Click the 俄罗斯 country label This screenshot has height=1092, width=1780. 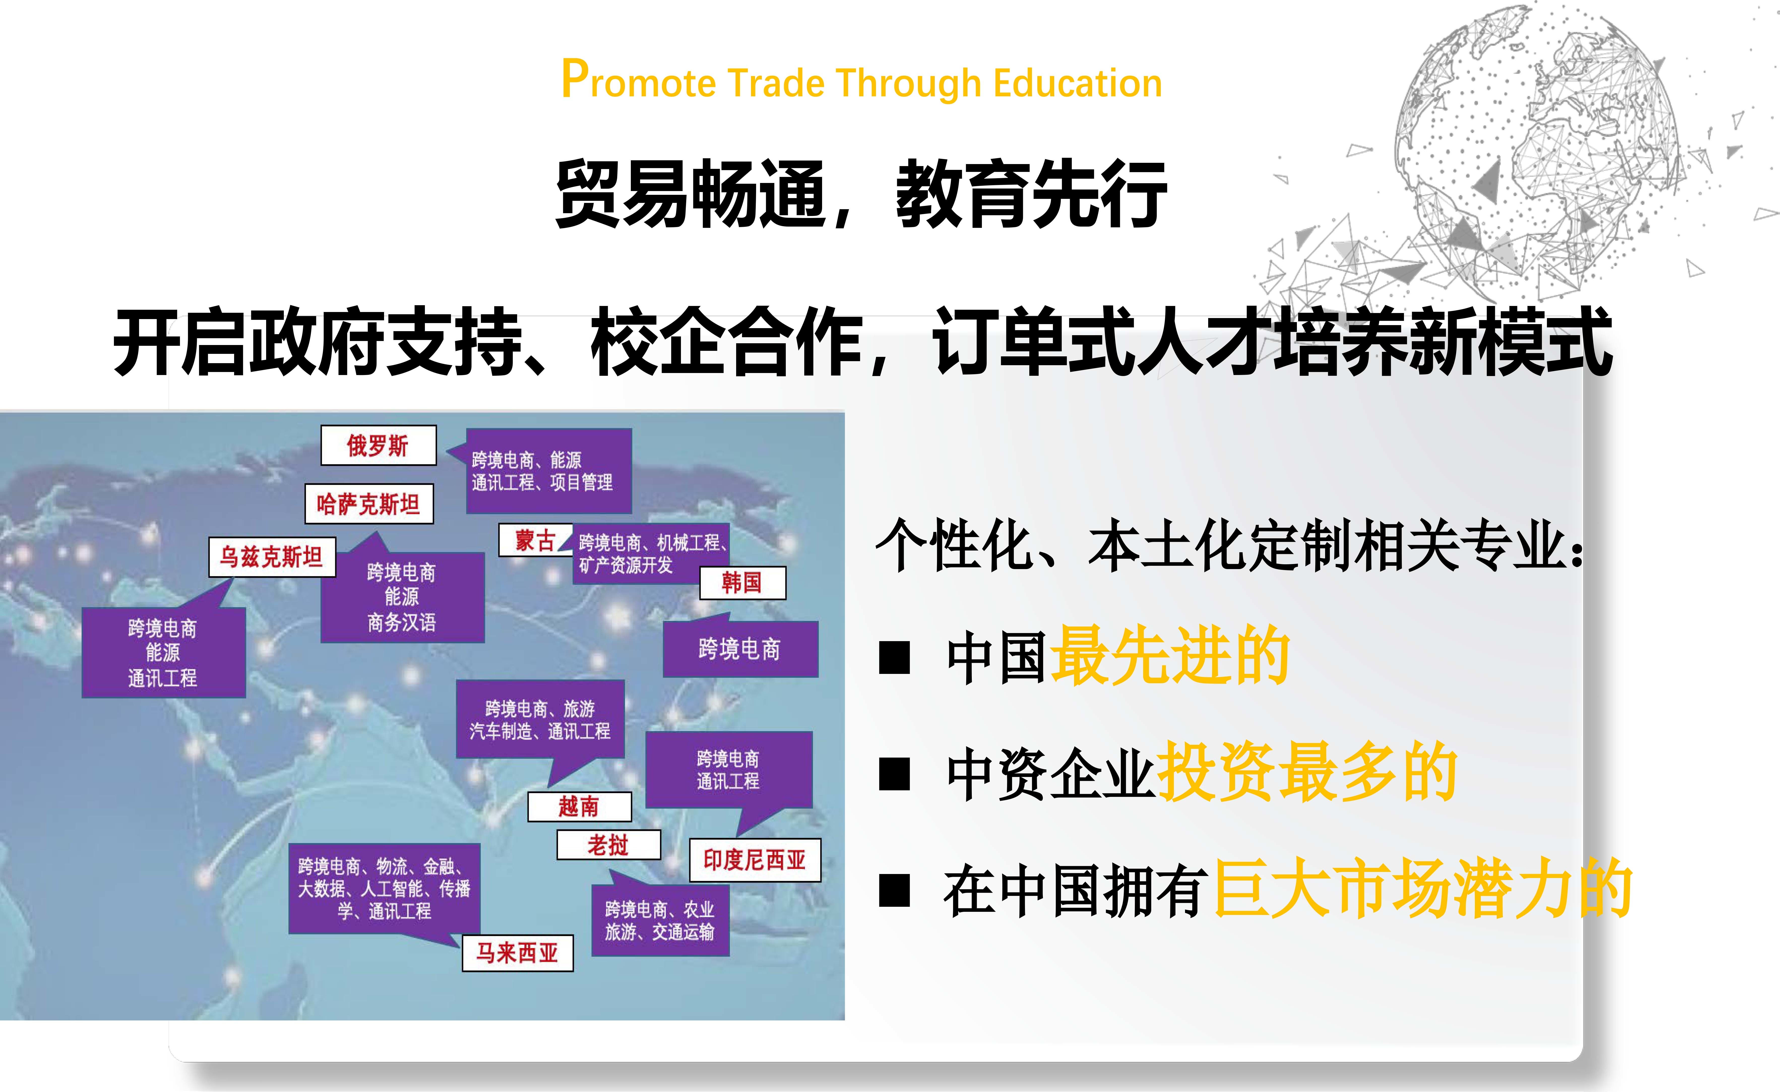pyautogui.click(x=379, y=446)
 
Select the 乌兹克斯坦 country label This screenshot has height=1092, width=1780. pyautogui.click(x=272, y=557)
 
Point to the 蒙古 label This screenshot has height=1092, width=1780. pyautogui.click(x=535, y=540)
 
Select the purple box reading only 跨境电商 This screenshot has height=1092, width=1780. pyautogui.click(x=740, y=648)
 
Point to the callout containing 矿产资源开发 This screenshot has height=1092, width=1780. pyautogui.click(x=650, y=553)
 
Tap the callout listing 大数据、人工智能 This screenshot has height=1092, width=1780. pyautogui.click(x=384, y=888)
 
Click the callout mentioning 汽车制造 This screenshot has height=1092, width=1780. pyautogui.click(x=540, y=719)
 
